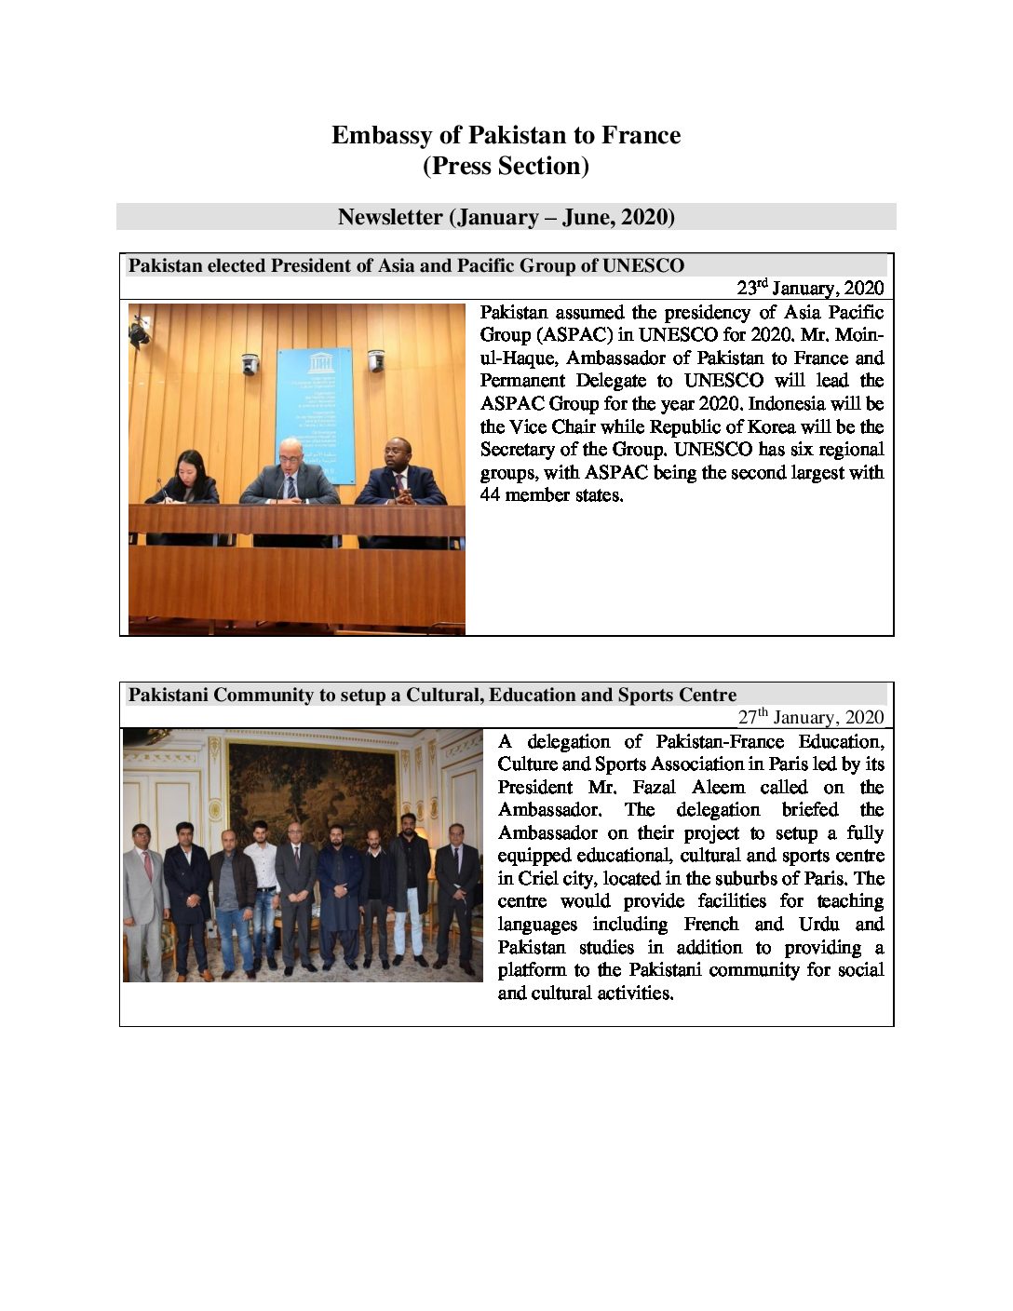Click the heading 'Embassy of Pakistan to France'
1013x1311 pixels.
(506, 136)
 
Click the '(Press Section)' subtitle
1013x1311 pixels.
(506, 167)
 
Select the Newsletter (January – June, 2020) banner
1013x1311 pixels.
(506, 218)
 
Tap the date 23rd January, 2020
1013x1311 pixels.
(810, 288)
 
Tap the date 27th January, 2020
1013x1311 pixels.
(811, 717)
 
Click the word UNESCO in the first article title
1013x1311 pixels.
(642, 266)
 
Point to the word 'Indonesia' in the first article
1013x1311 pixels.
(787, 404)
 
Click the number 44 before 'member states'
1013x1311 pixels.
(490, 495)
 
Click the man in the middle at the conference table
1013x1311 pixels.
(290, 475)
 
